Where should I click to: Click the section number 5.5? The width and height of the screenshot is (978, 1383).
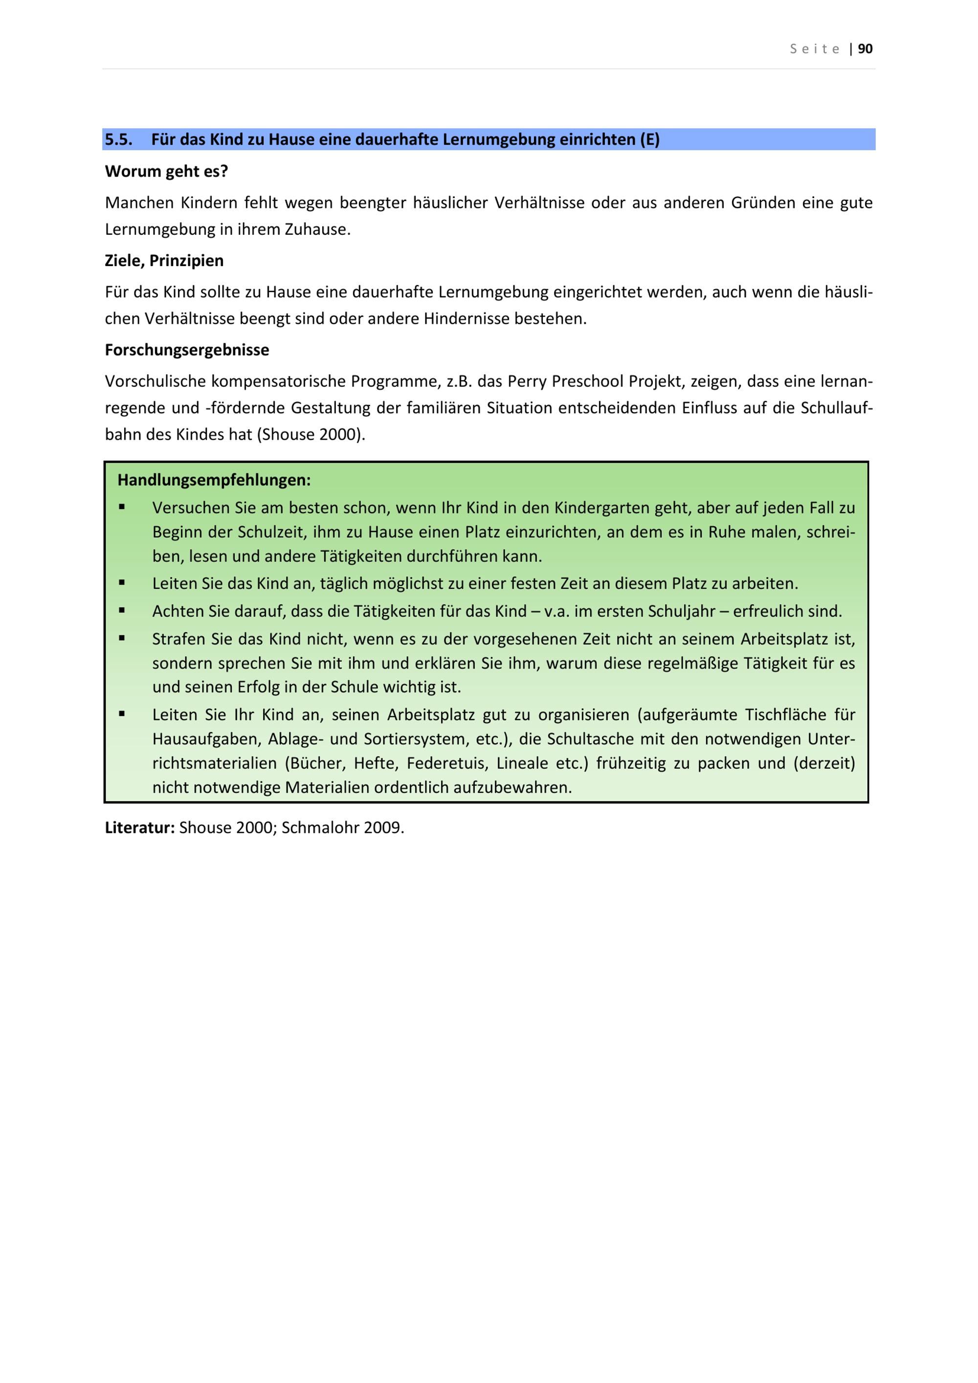point(119,140)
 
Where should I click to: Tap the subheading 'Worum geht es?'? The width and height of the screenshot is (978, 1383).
point(166,172)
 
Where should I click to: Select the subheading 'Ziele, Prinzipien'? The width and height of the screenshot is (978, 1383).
point(164,261)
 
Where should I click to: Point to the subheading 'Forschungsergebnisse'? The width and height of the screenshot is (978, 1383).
point(187,350)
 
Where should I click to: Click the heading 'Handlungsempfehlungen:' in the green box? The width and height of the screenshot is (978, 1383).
point(214,480)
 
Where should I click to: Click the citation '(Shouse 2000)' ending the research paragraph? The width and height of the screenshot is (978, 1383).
point(311,434)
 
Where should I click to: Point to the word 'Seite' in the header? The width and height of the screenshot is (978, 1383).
point(815,49)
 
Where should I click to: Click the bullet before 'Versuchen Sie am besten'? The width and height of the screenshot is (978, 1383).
point(122,507)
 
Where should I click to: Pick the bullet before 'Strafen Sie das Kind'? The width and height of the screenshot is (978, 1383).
point(122,638)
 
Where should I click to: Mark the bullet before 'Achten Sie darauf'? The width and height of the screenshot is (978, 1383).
point(122,610)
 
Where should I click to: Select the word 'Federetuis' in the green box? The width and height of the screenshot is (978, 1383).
point(447,763)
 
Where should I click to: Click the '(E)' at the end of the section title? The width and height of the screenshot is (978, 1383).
point(649,140)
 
